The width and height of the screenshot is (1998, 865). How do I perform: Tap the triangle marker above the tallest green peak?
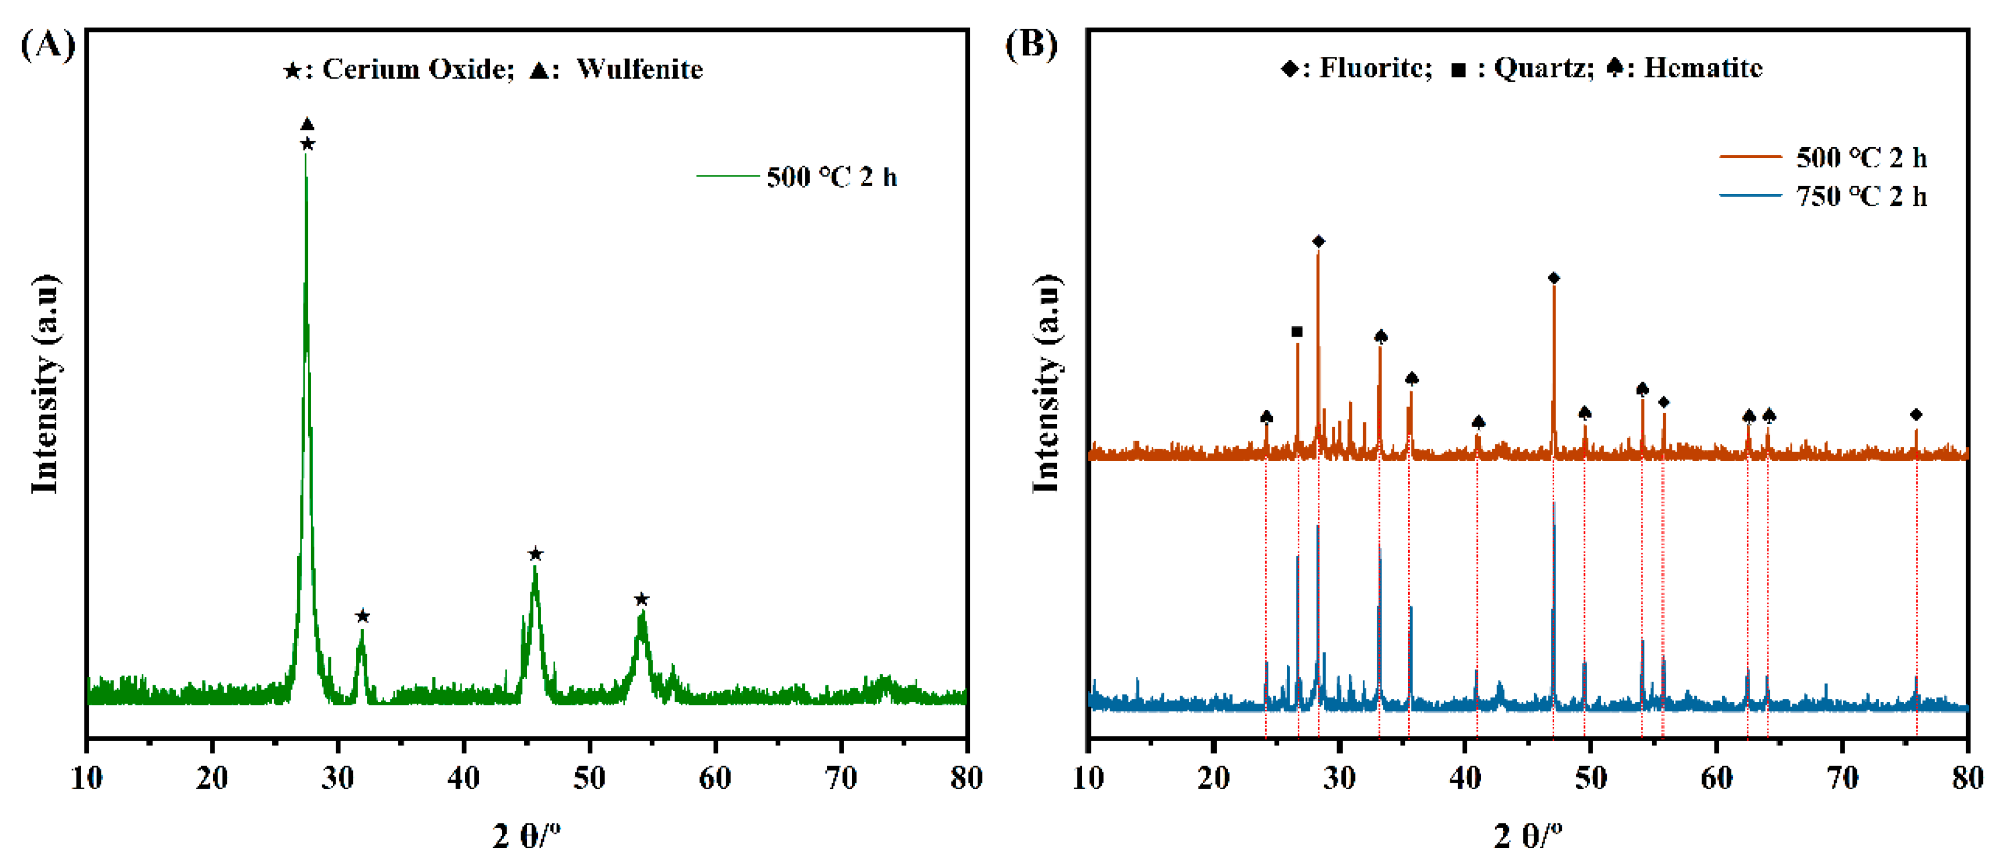coord(307,124)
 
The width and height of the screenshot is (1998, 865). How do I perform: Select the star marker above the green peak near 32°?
coord(362,616)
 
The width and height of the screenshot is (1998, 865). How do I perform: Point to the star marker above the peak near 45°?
coord(535,554)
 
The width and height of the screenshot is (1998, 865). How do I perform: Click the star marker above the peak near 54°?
coord(641,599)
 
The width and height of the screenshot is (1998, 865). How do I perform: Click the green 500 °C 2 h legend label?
coord(831,177)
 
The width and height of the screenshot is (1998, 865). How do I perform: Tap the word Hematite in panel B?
coord(1703,68)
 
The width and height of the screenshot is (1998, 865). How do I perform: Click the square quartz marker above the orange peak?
coord(1297,332)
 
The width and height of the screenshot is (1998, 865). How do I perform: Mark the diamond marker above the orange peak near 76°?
coord(1916,414)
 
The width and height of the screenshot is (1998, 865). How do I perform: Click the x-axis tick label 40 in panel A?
coord(463,777)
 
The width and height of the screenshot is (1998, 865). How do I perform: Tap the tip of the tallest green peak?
coord(306,155)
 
